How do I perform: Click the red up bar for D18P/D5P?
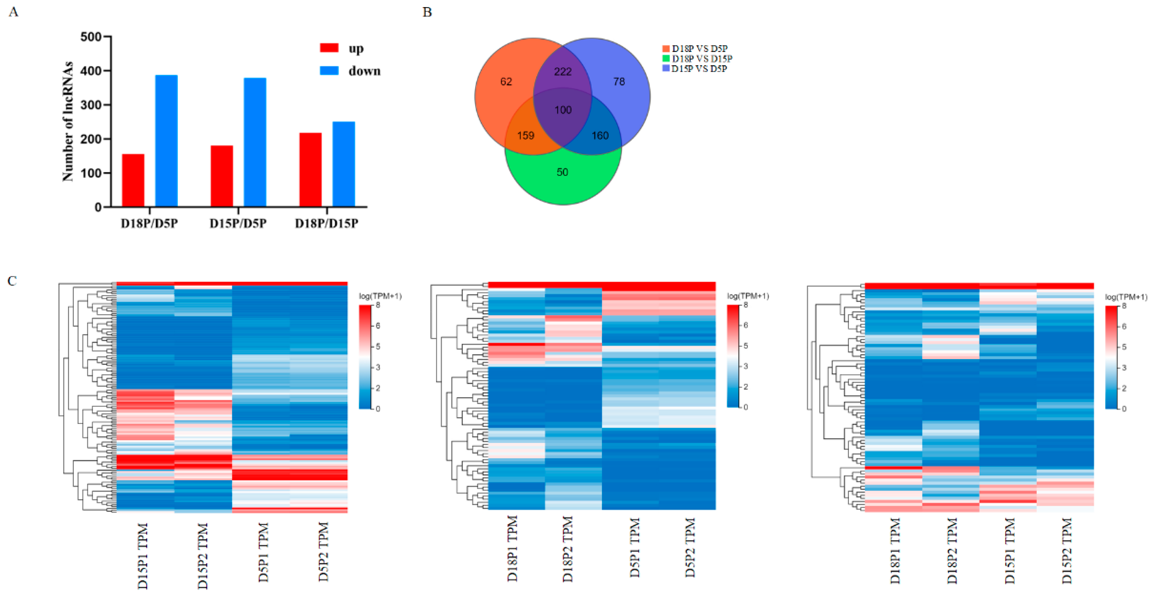pos(133,180)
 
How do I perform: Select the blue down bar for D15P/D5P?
pos(255,142)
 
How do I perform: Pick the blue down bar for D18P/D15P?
pos(343,164)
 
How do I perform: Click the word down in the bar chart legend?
pos(364,71)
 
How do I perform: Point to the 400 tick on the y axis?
pos(91,71)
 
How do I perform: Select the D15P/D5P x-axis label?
pos(238,223)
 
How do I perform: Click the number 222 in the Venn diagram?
pos(563,72)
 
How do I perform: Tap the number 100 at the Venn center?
pos(563,110)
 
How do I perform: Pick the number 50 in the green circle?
pos(562,172)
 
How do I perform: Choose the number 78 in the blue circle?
pos(619,82)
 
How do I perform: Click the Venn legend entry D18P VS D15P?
pos(701,59)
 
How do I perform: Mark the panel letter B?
pos(427,12)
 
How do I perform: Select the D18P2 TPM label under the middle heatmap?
pos(568,549)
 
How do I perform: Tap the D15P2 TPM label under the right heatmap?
pos(1067,551)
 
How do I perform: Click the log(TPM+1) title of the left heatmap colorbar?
pos(380,296)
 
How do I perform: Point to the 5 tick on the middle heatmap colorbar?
pos(745,346)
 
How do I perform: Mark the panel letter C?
pos(12,281)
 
